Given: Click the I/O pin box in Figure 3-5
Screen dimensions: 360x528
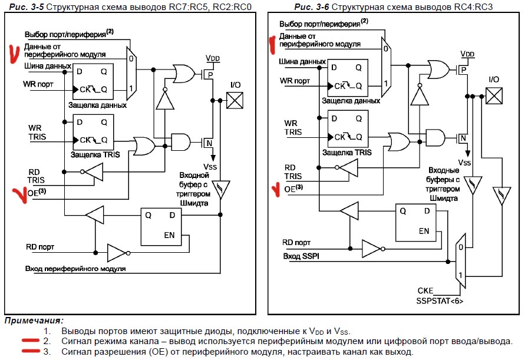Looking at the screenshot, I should pyautogui.click(x=235, y=100).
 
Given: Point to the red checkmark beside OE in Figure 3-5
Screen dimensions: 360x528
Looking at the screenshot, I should pyautogui.click(x=19, y=194).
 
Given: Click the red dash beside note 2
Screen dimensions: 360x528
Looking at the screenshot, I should pyautogui.click(x=28, y=341).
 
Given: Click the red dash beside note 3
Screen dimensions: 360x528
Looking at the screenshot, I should pyautogui.click(x=28, y=352).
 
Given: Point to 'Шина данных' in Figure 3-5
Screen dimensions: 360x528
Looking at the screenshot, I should pyautogui.click(x=48, y=66).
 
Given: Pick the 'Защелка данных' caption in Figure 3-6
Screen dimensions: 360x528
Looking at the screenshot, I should pyautogui.click(x=350, y=101).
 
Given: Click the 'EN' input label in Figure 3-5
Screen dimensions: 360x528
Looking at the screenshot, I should pyautogui.click(x=169, y=235).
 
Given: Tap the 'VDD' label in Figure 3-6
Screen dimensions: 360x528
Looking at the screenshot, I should pyautogui.click(x=467, y=54).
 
